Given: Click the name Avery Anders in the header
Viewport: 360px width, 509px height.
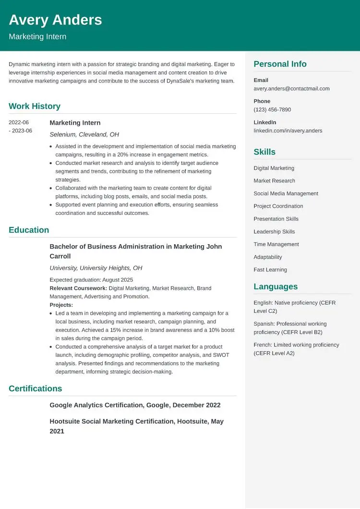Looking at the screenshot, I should click(x=55, y=20).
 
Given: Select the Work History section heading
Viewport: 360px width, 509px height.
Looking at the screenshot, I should click(x=35, y=106).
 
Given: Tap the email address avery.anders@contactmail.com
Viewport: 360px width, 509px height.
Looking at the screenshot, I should click(x=291, y=89).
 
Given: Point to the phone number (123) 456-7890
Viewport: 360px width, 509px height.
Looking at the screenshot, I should click(x=272, y=110).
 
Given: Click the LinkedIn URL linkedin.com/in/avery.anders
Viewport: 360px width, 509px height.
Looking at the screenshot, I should click(x=288, y=131).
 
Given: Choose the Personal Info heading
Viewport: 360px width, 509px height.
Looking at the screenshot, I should click(x=280, y=64).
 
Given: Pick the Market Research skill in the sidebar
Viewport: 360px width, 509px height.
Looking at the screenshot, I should click(x=274, y=181).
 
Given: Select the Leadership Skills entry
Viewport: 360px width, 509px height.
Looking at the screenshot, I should click(x=274, y=232).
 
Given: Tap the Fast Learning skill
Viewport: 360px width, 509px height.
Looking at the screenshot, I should click(x=270, y=270).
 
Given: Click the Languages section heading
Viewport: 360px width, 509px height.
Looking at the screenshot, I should click(x=276, y=286).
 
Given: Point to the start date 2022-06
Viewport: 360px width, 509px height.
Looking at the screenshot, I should click(x=19, y=123).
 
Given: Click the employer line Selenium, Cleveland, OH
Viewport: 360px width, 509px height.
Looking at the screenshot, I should click(x=84, y=135).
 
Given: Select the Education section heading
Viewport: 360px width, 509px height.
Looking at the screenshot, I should click(x=29, y=230).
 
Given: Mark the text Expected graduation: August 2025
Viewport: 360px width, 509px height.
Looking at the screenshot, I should click(x=91, y=280).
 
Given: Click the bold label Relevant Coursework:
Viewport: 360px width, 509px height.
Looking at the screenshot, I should click(x=78, y=288).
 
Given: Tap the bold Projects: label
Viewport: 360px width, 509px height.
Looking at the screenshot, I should click(x=61, y=305).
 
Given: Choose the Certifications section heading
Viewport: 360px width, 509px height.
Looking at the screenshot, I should click(x=35, y=389).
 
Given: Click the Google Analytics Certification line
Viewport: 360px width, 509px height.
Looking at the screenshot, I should click(x=135, y=405).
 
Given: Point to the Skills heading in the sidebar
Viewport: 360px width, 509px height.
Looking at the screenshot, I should click(x=264, y=152).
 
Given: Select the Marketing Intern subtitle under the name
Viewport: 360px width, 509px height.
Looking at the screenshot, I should click(x=37, y=37).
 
